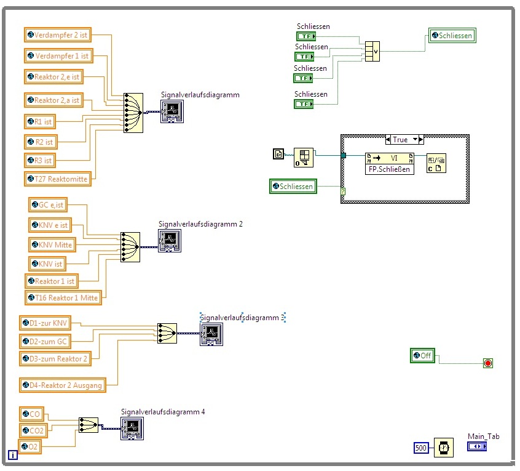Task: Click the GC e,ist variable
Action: [49, 205]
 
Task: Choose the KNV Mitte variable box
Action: [52, 244]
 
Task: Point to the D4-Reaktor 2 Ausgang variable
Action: [62, 385]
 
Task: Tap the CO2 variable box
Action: [33, 430]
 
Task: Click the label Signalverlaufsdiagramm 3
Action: [242, 318]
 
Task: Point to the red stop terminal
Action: [488, 363]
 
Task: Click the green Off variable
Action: [423, 355]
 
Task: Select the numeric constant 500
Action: [422, 448]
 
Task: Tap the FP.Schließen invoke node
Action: [390, 163]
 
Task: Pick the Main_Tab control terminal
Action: [476, 446]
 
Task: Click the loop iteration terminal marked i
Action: [12, 456]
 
